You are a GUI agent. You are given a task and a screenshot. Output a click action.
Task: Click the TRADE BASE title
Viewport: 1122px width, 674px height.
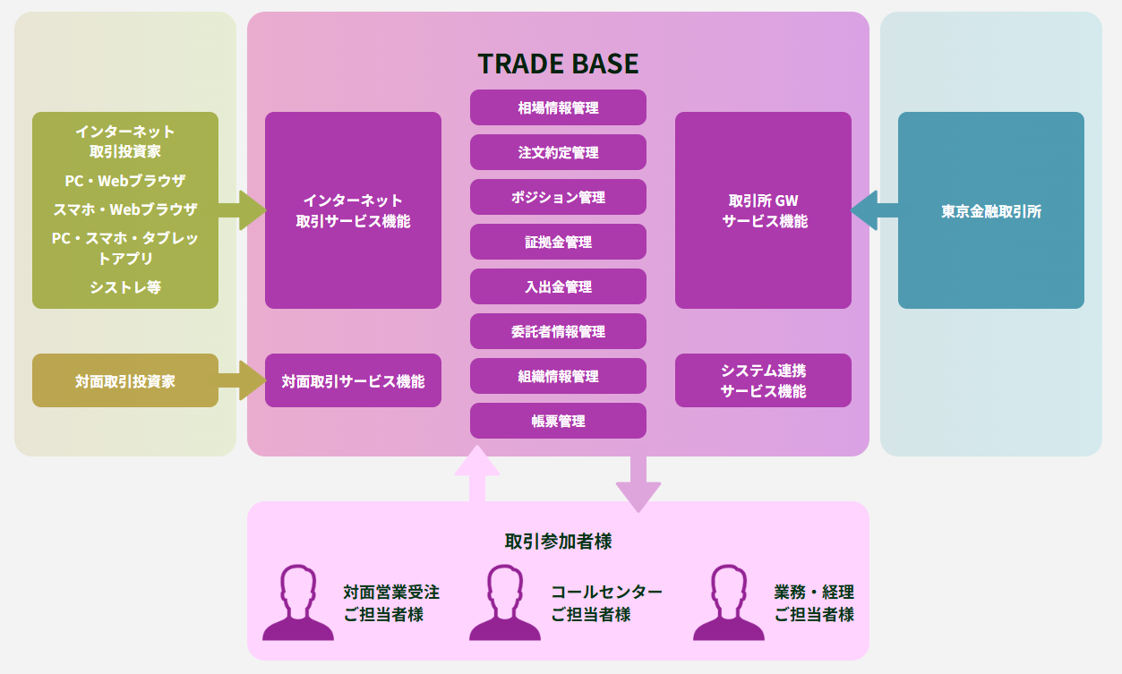click(x=558, y=64)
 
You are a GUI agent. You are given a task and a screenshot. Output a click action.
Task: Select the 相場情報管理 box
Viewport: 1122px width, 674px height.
click(x=558, y=107)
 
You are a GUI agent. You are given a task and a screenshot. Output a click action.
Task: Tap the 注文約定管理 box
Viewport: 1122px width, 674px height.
click(x=558, y=152)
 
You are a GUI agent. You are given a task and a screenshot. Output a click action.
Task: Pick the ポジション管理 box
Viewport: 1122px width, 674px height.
click(x=558, y=197)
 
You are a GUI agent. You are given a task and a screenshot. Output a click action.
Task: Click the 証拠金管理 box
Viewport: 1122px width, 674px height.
click(x=558, y=242)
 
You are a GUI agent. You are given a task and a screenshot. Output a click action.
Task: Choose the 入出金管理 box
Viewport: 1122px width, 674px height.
click(x=558, y=286)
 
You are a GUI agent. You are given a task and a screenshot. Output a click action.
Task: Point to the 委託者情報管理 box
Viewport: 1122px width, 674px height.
click(x=558, y=331)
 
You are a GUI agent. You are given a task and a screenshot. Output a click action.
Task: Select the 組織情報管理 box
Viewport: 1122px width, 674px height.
click(x=558, y=376)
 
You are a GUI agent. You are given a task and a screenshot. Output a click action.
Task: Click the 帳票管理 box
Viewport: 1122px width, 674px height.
click(x=558, y=421)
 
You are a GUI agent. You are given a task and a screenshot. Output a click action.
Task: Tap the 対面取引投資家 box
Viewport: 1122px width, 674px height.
click(x=125, y=380)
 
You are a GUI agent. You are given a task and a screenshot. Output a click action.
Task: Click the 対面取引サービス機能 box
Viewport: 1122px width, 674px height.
click(x=353, y=380)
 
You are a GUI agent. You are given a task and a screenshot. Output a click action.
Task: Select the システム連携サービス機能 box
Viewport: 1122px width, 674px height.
click(x=763, y=380)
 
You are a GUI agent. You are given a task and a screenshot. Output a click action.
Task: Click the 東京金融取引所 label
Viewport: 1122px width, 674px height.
click(x=990, y=211)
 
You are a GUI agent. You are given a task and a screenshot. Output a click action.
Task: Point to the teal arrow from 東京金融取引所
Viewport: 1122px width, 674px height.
click(x=874, y=210)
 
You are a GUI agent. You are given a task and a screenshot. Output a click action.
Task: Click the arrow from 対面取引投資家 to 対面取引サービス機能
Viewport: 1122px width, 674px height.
click(x=243, y=380)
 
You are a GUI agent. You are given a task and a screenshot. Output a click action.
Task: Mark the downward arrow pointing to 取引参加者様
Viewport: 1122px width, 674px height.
click(x=638, y=483)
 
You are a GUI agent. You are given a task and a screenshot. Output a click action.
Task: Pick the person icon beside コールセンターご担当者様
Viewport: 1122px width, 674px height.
click(x=505, y=602)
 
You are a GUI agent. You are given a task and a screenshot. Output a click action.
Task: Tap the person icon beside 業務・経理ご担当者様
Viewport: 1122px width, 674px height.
click(x=729, y=602)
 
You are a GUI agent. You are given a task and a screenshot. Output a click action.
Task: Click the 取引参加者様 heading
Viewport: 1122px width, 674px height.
click(x=558, y=542)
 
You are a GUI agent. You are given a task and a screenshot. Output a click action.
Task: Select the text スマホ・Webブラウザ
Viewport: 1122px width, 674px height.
click(x=125, y=209)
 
